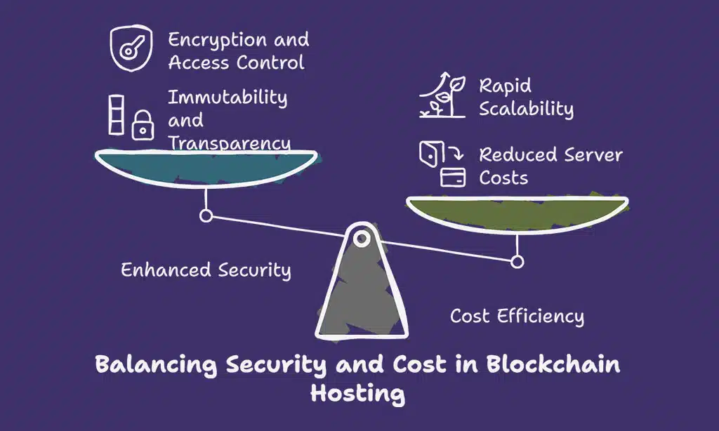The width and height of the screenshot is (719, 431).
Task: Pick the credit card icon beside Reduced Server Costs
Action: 453,178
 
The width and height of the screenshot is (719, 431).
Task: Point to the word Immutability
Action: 227,97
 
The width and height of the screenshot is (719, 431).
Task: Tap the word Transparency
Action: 229,143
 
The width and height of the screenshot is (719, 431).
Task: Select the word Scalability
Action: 526,109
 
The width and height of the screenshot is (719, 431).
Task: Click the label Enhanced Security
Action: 206,270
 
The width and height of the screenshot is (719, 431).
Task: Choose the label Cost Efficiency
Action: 517,316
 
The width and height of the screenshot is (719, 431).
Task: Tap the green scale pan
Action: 517,211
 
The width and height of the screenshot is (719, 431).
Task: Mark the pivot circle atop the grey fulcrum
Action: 362,239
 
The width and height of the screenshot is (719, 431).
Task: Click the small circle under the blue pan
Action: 206,215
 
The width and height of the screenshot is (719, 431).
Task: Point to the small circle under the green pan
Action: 517,262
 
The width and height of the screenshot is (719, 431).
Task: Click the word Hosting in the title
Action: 358,393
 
